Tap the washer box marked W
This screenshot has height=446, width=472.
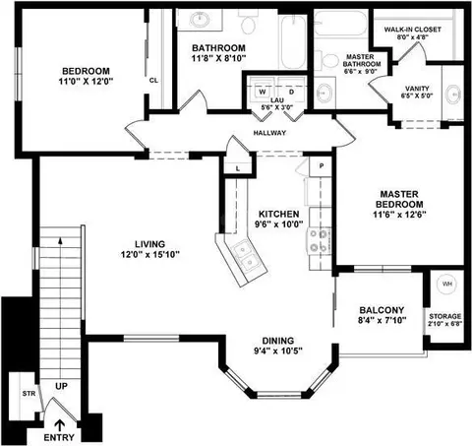262,88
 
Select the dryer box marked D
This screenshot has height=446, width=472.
291,88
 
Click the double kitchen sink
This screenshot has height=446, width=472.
247,255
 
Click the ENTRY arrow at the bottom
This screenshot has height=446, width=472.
59,425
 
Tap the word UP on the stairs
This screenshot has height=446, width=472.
61,386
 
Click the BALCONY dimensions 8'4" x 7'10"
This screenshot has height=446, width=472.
383,320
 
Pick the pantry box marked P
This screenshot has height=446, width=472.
321,166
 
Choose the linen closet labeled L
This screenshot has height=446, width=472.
238,168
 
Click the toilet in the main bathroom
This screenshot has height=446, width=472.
248,23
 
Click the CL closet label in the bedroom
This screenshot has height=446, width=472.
153,81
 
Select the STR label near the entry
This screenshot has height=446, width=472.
29,393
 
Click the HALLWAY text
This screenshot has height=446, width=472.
269,133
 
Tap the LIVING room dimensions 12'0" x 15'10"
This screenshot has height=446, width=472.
150,255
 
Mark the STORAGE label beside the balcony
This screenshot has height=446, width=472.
445,316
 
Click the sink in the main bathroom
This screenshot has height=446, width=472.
200,20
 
